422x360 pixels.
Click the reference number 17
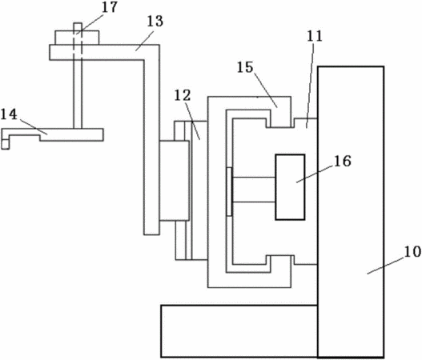[x=110, y=7]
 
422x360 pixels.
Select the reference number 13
[x=155, y=22]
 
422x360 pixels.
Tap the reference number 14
[x=9, y=114]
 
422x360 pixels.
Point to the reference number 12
[x=183, y=95]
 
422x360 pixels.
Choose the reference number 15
[x=245, y=67]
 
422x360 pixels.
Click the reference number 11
[x=315, y=36]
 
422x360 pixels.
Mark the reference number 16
[x=343, y=161]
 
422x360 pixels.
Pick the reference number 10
[x=412, y=252]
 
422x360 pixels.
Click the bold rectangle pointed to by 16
[x=290, y=187]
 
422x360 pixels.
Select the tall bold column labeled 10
[x=351, y=212]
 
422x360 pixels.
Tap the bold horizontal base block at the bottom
[x=239, y=331]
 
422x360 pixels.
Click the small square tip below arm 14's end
[x=5, y=144]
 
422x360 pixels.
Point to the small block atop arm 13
[x=77, y=38]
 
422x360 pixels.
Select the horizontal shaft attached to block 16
[x=254, y=190]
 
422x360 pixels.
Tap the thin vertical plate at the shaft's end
[x=229, y=191]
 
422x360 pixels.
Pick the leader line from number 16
[x=315, y=174]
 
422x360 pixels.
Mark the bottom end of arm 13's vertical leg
[x=151, y=234]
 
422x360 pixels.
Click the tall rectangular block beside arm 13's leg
[x=174, y=181]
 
